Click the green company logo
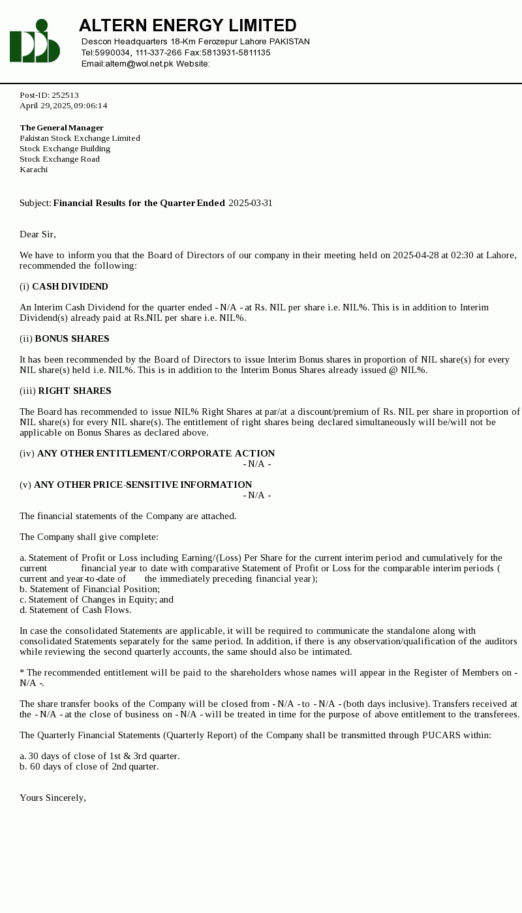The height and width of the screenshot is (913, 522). [x=35, y=41]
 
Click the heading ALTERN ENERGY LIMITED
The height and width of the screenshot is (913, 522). [x=187, y=25]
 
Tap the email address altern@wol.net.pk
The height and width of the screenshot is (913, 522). [x=139, y=64]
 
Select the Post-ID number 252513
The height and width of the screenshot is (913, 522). [x=65, y=95]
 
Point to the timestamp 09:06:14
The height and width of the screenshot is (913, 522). [x=91, y=106]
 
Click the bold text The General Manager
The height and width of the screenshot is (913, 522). [x=61, y=128]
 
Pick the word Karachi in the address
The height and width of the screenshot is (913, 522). [x=33, y=170]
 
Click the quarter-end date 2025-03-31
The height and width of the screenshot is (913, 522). [x=251, y=203]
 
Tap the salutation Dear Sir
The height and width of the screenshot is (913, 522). [x=37, y=234]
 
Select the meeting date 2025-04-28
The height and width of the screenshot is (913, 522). [x=416, y=255]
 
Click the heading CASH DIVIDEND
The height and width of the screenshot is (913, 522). [x=70, y=286]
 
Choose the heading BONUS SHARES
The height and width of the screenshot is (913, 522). [x=72, y=338]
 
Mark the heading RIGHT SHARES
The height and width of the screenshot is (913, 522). [x=74, y=391]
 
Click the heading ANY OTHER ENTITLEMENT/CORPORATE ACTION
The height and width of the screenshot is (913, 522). [x=156, y=453]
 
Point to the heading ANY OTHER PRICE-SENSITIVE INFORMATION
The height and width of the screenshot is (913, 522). [x=143, y=485]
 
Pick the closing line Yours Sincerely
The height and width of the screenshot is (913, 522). [x=52, y=798]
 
